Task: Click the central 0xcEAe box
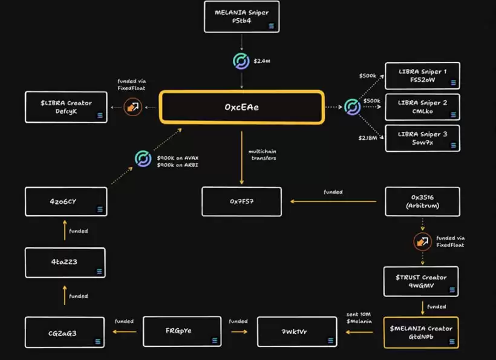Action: (242, 107)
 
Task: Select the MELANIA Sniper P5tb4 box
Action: (241, 16)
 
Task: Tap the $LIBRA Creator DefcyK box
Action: (67, 107)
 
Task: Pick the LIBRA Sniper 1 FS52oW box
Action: (422, 76)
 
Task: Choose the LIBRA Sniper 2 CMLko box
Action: (422, 107)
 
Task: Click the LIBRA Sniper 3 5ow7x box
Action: (422, 138)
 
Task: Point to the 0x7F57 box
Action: (241, 201)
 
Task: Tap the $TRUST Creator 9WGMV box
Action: (422, 281)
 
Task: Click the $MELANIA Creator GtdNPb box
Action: (421, 332)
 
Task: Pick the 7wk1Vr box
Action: (296, 332)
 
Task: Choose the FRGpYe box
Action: (179, 332)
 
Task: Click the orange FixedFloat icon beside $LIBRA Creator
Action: (132, 107)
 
